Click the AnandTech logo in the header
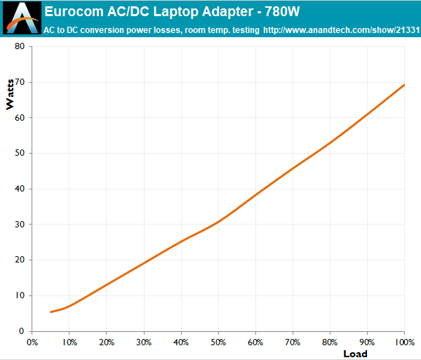point(20,19)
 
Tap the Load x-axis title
point(355,353)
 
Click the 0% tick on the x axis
point(32,342)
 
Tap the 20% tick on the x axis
point(106,342)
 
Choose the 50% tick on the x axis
point(218,342)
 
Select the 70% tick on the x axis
point(293,342)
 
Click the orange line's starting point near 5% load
point(51,312)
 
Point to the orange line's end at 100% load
point(405,84)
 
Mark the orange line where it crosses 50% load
point(218,221)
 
